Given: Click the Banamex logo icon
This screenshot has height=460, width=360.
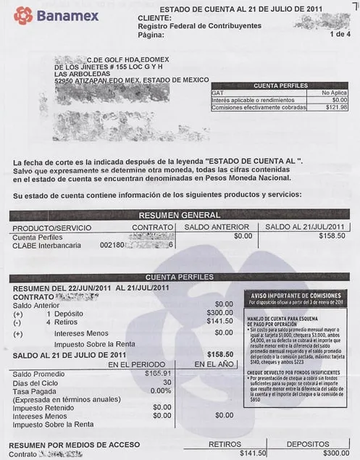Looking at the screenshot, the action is click(22, 14).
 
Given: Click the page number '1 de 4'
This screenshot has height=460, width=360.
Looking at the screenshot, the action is click(338, 33).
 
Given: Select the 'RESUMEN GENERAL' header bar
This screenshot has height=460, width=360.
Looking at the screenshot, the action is click(179, 215).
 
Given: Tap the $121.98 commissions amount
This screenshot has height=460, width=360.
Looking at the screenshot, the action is click(336, 107).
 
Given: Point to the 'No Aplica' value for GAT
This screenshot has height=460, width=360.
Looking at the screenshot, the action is click(334, 93).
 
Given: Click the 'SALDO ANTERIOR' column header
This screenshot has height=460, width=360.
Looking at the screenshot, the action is click(217, 227).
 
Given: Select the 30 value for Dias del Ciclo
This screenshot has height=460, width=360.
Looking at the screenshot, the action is click(167, 382).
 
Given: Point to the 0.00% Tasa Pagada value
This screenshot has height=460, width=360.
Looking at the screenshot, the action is click(160, 390).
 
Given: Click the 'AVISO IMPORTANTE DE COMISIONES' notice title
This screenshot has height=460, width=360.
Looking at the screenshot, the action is click(296, 296).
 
